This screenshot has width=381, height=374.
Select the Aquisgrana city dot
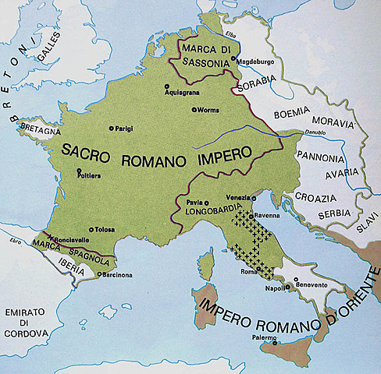point(166,86)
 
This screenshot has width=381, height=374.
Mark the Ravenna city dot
point(251,215)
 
